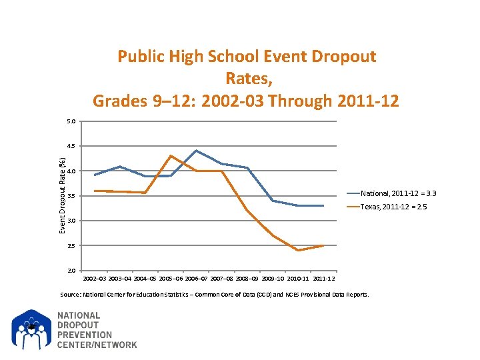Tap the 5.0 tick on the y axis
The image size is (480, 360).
point(71,121)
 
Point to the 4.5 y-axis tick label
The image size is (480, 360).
point(71,146)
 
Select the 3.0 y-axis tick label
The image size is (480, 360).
point(71,221)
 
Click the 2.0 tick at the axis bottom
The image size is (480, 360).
point(71,271)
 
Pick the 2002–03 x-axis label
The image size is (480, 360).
point(94,277)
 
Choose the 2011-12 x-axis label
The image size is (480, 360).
point(324,277)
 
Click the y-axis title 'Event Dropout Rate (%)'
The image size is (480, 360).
point(62,195)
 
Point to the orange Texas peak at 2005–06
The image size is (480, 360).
point(171,156)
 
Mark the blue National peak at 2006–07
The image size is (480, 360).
point(196,151)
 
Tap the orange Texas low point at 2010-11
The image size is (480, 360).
point(298,251)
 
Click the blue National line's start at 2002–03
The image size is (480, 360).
point(95,175)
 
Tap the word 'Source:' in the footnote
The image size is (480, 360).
point(71,295)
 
